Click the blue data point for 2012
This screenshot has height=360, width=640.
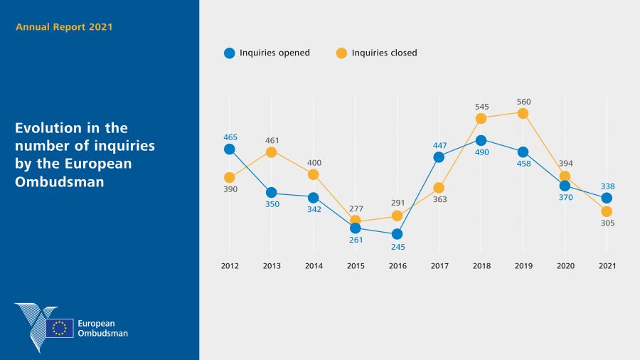[x=230, y=149]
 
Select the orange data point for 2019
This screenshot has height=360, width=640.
[x=523, y=113]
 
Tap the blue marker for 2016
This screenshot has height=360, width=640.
[x=397, y=233]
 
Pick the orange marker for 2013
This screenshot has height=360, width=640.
[x=271, y=152]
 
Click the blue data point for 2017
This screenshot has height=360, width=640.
[x=439, y=157]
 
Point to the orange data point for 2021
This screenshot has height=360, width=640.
[x=607, y=211]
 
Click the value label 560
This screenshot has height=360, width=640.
[x=523, y=102]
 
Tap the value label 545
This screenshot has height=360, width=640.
[x=481, y=107]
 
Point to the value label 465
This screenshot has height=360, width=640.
[x=230, y=137]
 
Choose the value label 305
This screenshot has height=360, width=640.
[x=607, y=223]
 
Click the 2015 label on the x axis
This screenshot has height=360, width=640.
[x=356, y=265]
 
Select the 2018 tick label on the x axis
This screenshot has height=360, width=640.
[x=481, y=265]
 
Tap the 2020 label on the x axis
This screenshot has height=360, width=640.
[x=565, y=265]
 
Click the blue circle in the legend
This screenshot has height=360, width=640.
[x=229, y=53]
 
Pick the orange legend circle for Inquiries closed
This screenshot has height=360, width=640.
[x=341, y=53]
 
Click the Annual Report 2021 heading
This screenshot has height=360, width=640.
[x=64, y=27]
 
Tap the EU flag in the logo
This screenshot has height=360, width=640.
[x=60, y=328]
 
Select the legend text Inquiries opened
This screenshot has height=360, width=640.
[x=274, y=53]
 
